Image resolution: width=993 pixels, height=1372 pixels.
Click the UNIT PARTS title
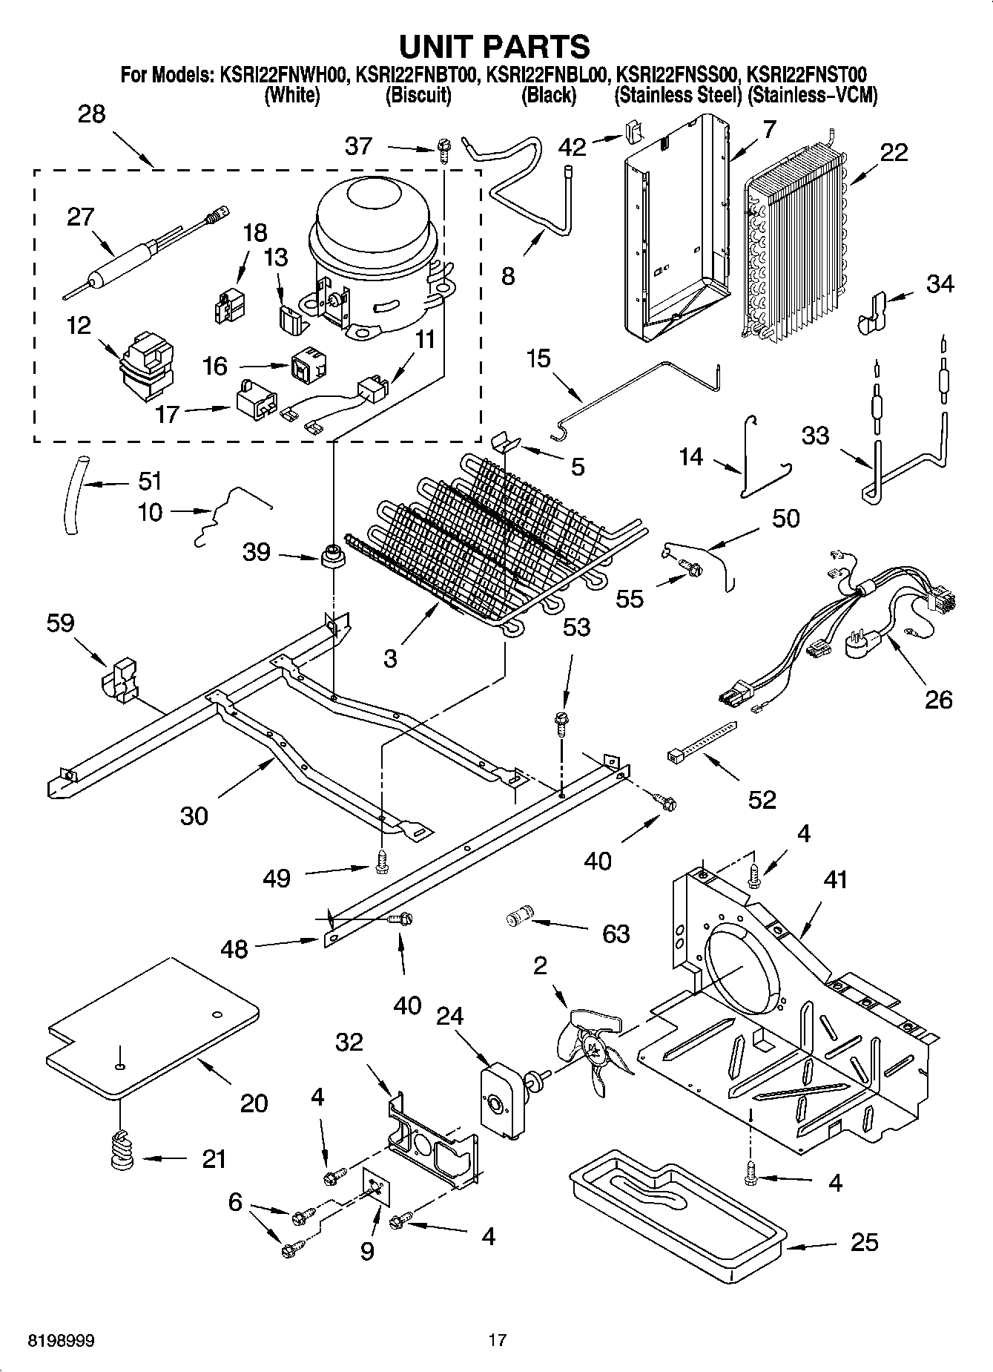(x=495, y=47)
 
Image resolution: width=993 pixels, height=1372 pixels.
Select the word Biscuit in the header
(x=418, y=95)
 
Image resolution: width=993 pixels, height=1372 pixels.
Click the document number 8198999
(x=62, y=1341)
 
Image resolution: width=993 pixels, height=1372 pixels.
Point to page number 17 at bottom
(x=498, y=1341)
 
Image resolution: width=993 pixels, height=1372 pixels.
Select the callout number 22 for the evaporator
(x=894, y=152)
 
